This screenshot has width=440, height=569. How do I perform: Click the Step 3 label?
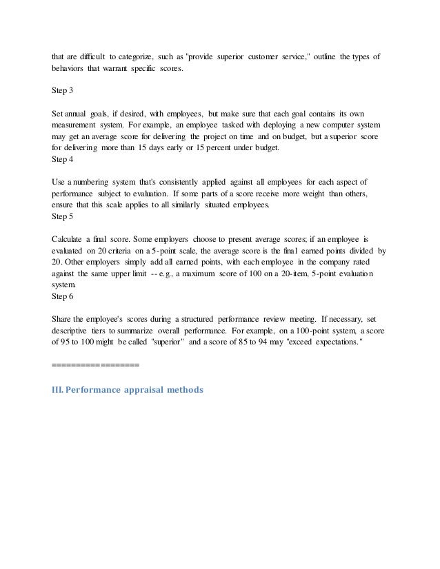(x=63, y=90)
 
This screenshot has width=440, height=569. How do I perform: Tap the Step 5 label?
(x=63, y=216)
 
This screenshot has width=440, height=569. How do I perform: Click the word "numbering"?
(x=94, y=181)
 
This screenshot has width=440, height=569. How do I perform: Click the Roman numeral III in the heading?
(x=59, y=390)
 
